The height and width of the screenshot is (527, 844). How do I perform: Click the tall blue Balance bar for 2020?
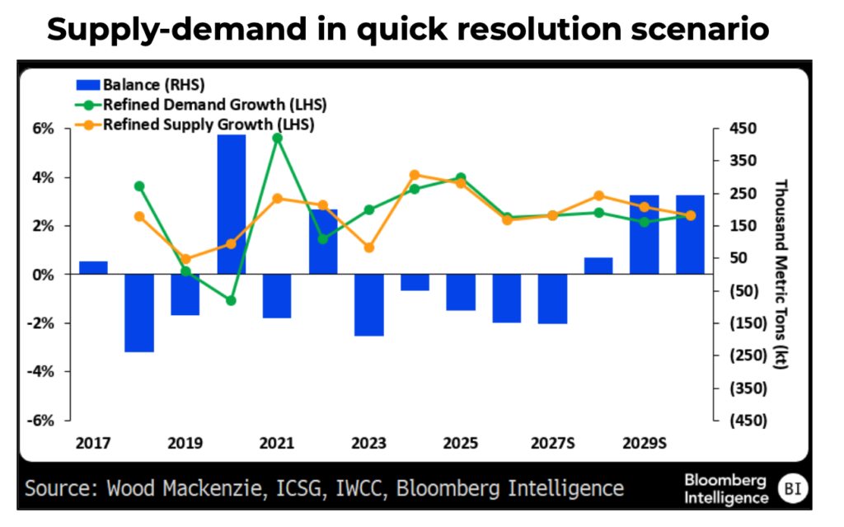(x=231, y=204)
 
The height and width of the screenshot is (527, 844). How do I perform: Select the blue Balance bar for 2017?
(x=93, y=268)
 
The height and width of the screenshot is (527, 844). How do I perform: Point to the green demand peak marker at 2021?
(x=277, y=138)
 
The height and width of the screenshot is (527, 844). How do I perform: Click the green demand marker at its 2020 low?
(x=231, y=301)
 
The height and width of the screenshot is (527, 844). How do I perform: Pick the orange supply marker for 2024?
(x=415, y=175)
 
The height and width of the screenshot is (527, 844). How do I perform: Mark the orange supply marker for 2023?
(x=369, y=247)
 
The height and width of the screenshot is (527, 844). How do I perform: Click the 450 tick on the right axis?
(x=742, y=129)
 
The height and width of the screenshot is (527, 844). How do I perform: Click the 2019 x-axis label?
(x=185, y=443)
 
